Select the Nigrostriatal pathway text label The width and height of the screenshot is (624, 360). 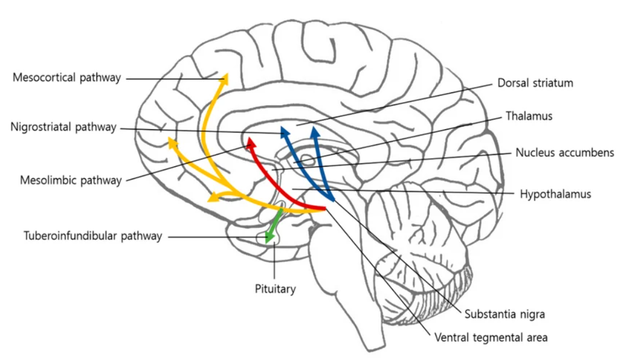coord(63,127)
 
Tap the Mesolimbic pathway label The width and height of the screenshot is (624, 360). coord(70,180)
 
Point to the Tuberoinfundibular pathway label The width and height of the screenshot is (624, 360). coord(92,236)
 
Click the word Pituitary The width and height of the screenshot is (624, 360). coord(274,289)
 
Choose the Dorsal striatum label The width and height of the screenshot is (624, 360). coord(535,83)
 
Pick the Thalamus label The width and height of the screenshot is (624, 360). coord(529,116)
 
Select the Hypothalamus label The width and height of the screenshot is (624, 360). coord(555,193)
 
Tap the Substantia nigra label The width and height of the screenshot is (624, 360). coord(505,314)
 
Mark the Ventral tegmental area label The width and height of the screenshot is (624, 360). coord(491,338)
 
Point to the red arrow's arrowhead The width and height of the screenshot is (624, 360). coord(250,143)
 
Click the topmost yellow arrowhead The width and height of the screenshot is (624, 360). coord(224,79)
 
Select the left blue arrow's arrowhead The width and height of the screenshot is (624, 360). coord(284,131)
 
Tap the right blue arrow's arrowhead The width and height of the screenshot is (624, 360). coord(315,130)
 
